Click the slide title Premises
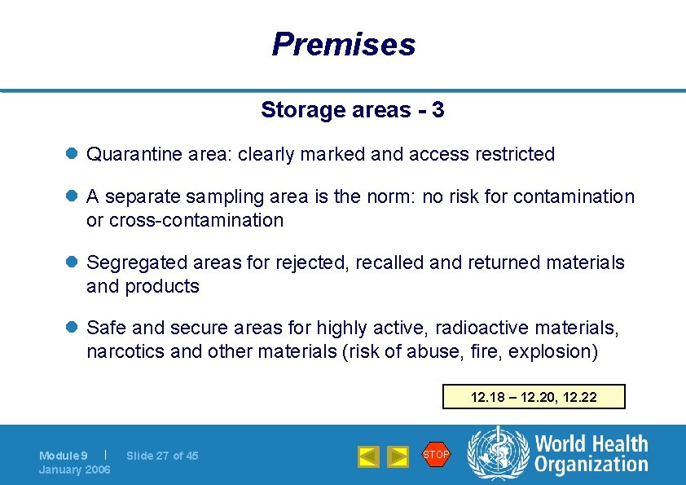click(x=343, y=44)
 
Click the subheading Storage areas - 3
click(x=352, y=110)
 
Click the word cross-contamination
click(x=196, y=220)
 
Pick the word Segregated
click(x=137, y=263)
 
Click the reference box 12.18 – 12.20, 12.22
click(x=534, y=397)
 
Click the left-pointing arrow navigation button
click(x=368, y=456)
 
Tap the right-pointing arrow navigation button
click(x=398, y=456)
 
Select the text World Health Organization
click(x=591, y=454)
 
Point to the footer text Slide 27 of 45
click(x=162, y=456)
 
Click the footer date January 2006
click(x=74, y=470)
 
